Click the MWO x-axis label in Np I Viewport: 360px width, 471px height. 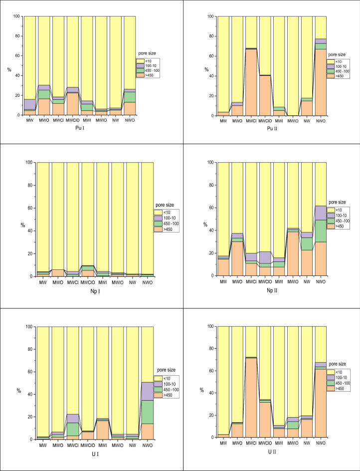[x=58, y=282]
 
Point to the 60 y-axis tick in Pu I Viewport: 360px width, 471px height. [x=18, y=55]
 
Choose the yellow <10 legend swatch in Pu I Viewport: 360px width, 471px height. [x=141, y=60]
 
